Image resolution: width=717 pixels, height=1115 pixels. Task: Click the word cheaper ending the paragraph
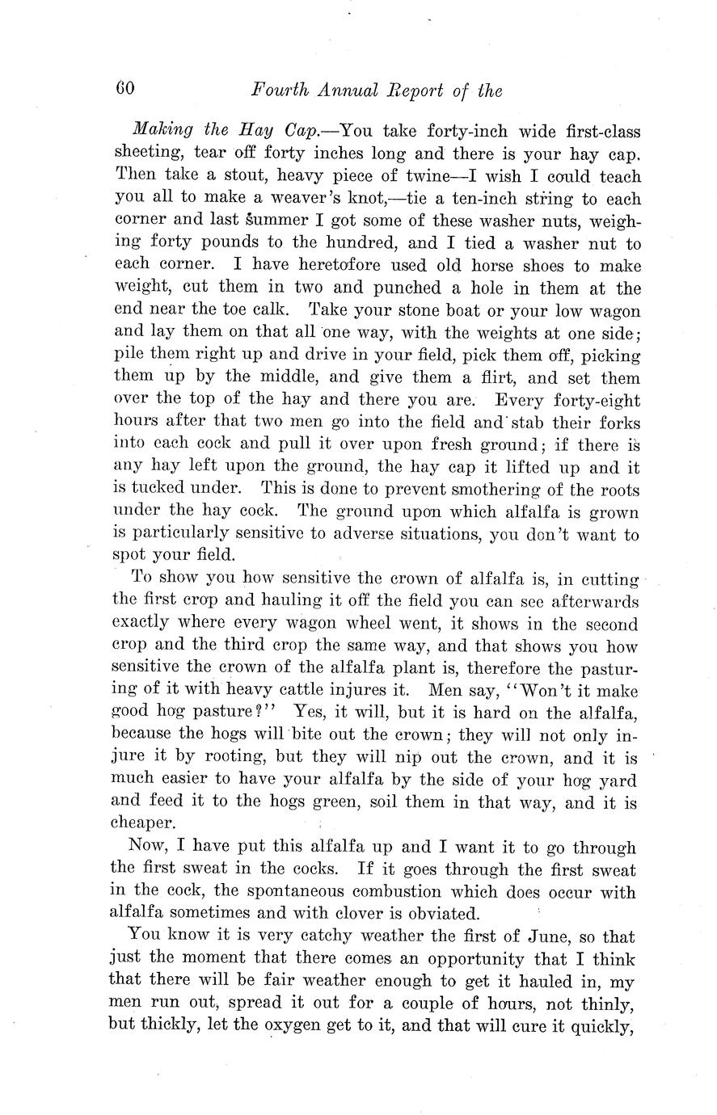click(x=142, y=823)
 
